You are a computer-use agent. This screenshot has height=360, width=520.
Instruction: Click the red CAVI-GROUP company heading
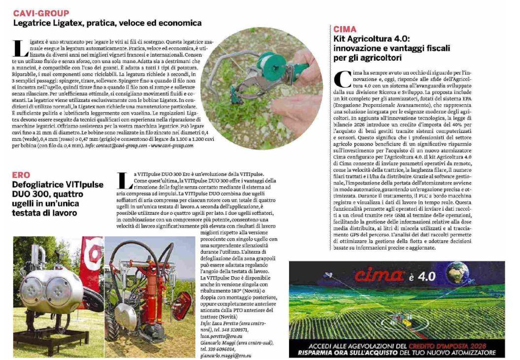pos(41,13)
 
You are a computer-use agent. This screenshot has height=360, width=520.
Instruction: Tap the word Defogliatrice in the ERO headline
pos(42,185)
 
